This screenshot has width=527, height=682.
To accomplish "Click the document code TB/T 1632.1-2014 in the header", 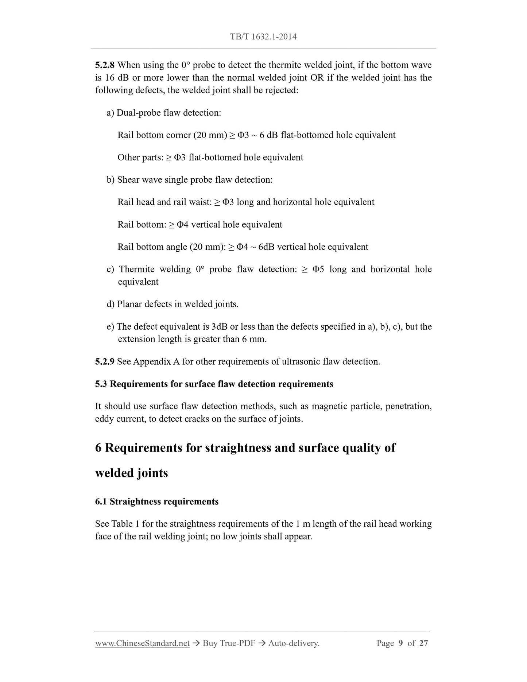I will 263,36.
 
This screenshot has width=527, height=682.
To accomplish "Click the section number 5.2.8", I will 105,65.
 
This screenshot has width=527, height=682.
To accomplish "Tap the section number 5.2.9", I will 105,362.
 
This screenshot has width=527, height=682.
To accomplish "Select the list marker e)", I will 111,327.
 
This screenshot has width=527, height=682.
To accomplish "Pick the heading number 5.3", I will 101,384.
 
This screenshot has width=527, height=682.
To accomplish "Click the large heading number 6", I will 98,448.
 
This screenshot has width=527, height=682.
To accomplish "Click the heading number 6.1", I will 101,502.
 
